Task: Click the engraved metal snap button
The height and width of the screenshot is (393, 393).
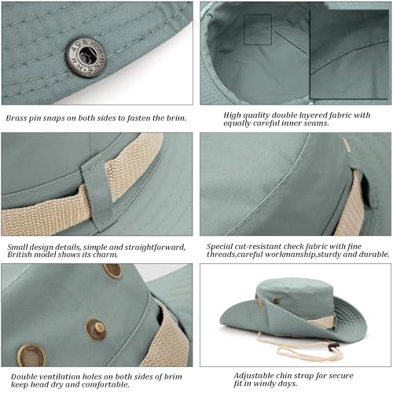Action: click(x=85, y=57)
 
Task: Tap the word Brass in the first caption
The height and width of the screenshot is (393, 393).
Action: click(x=17, y=118)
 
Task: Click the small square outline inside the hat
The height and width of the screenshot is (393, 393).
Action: click(x=258, y=30)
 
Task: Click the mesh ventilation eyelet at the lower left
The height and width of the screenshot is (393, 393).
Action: click(x=31, y=355)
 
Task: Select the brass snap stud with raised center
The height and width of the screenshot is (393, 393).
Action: click(x=97, y=330)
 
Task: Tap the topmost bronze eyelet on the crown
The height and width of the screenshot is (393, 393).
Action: click(x=112, y=270)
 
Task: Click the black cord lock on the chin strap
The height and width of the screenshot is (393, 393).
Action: click(x=333, y=347)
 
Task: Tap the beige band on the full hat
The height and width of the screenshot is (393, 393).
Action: click(x=323, y=321)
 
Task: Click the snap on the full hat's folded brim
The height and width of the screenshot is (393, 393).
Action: click(x=260, y=303)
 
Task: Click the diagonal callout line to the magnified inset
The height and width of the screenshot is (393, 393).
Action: click(x=291, y=42)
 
